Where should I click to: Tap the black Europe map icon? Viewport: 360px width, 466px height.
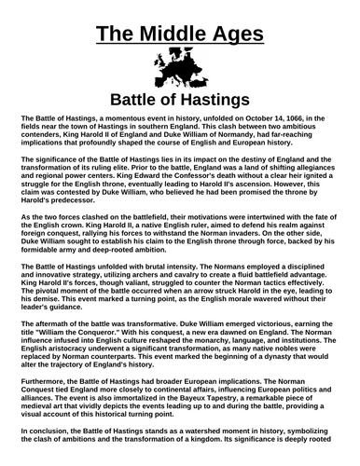tap(180, 71)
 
